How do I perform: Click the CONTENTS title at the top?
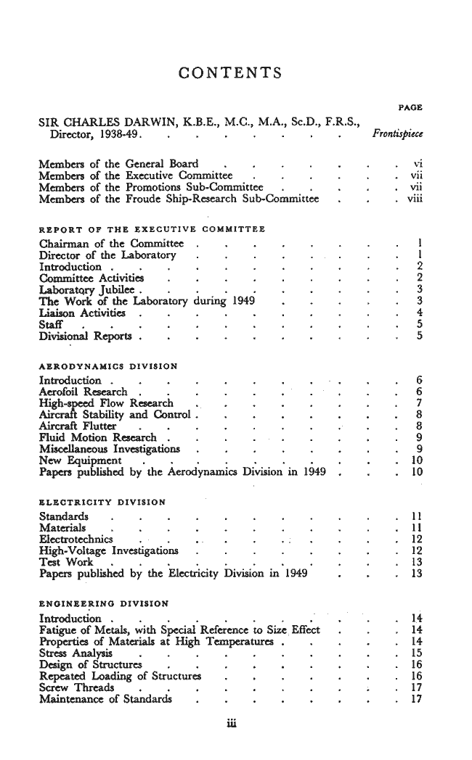(x=229, y=73)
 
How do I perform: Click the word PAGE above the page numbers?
(x=412, y=108)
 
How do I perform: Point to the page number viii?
(x=415, y=199)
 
